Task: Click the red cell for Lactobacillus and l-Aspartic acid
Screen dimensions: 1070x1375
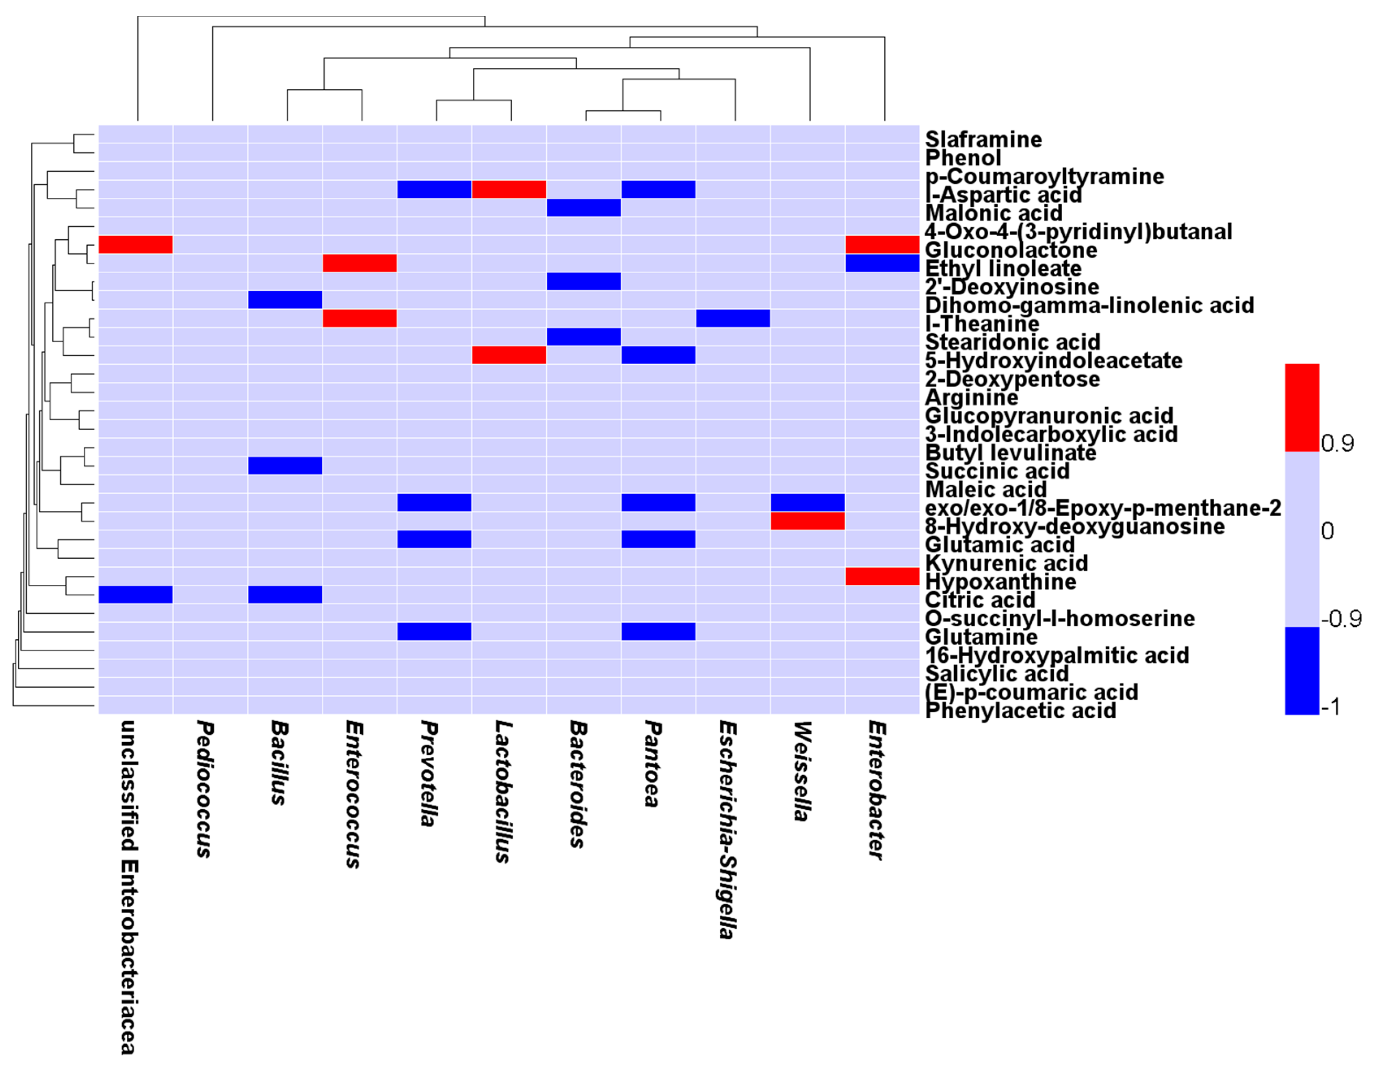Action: pyautogui.click(x=509, y=189)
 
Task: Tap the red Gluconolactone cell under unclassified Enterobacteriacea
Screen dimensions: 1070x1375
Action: pyautogui.click(x=135, y=244)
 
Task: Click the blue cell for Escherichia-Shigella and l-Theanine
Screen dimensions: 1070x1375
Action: pyautogui.click(x=733, y=318)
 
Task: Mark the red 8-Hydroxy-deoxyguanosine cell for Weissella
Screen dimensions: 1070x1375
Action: pyautogui.click(x=808, y=521)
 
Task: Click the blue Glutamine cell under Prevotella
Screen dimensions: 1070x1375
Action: pyautogui.click(x=434, y=631)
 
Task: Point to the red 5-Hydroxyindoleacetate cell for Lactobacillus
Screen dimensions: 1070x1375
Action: pyautogui.click(x=509, y=355)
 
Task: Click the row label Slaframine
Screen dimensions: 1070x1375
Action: pyautogui.click(x=983, y=139)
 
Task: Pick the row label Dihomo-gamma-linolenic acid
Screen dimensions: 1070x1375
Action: pyautogui.click(x=1089, y=305)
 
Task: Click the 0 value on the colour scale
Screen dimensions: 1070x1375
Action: pyautogui.click(x=1327, y=531)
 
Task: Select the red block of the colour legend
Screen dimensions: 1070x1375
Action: pyautogui.click(x=1301, y=407)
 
